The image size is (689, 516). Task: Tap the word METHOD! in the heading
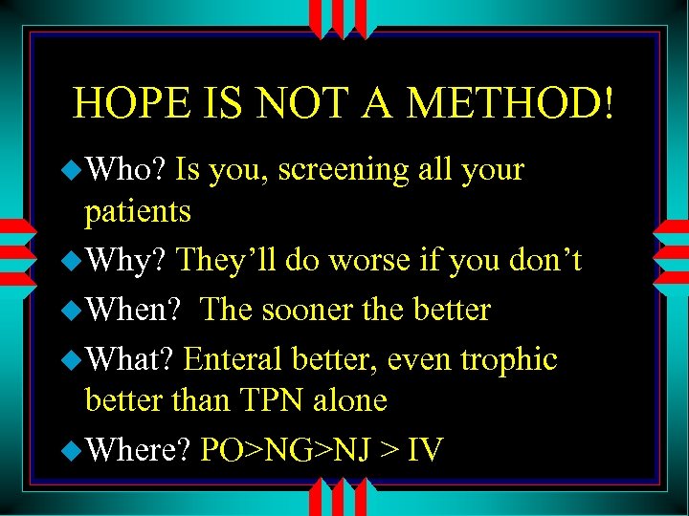[512, 102]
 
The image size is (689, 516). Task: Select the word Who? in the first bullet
[127, 170]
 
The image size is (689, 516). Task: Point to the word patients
[138, 212]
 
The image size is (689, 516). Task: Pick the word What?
[131, 359]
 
